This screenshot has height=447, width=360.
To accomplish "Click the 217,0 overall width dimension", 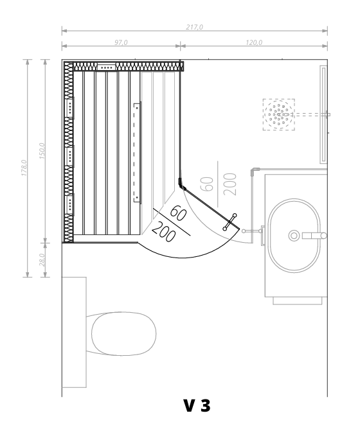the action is coord(195,27).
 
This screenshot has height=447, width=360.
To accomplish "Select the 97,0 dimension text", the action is coord(121,42).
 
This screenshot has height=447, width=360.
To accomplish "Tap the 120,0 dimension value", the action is coord(254,42).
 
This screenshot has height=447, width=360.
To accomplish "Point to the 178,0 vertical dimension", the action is coord(24,168).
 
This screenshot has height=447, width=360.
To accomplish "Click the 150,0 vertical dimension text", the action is coord(42,151).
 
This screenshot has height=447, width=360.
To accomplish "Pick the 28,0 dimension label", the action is coord(42,259).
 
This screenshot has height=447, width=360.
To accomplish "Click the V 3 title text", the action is coord(197,406).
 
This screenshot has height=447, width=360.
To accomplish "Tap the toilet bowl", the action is coord(124,333).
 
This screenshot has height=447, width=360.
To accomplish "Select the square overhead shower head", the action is coord(279,114).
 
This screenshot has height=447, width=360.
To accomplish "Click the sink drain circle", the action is coord(294,236).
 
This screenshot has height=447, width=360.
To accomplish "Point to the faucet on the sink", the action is coord(314,236).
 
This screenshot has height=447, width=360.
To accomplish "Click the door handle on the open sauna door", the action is coord(230,222).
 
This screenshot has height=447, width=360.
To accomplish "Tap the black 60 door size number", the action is coord(178,213).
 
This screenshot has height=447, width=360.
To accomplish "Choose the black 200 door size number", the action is coord(163,232).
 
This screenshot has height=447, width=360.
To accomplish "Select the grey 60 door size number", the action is coord(207,184).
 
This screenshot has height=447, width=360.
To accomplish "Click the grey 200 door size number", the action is coord(230,184).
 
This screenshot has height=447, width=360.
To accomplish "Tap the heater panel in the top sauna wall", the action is coord(107,67).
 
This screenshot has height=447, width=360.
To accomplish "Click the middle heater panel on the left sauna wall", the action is coord(69,156).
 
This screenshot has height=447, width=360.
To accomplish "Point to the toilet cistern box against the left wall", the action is coord(74,333).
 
